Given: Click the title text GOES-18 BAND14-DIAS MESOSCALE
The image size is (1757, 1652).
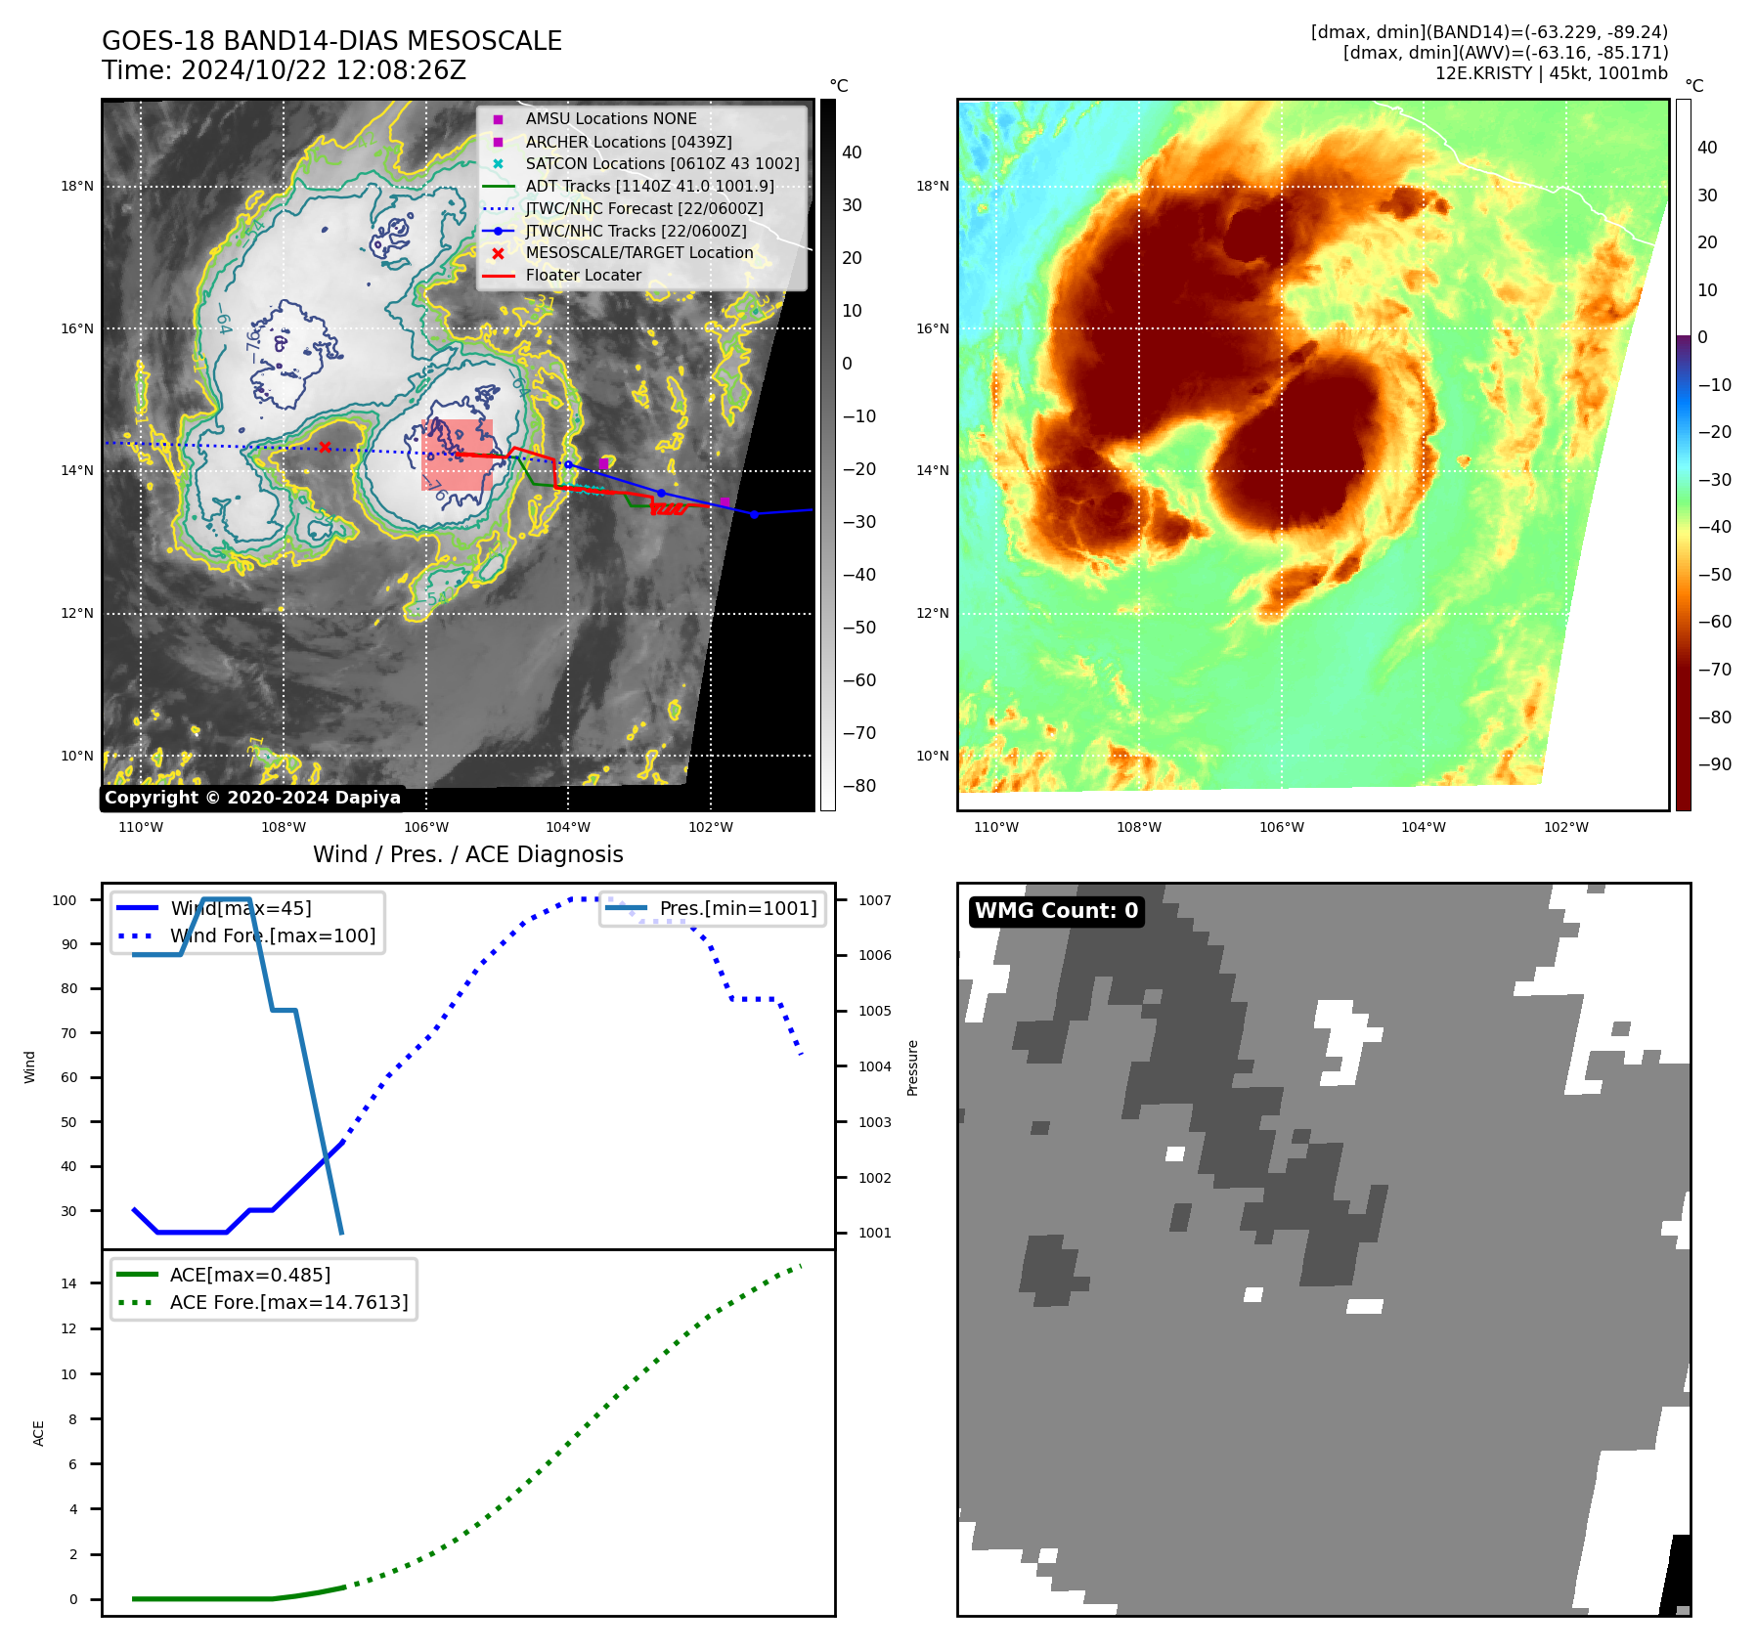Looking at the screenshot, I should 331,41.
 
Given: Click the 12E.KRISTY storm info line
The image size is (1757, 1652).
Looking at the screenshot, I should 1551,73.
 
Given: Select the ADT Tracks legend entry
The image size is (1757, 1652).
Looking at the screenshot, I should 649,186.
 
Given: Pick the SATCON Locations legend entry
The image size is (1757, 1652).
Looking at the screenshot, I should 662,163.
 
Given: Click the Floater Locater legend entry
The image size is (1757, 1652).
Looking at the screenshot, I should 583,275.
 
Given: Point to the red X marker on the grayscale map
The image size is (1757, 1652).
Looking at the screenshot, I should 325,448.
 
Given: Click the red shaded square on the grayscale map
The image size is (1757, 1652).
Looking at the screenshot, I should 457,456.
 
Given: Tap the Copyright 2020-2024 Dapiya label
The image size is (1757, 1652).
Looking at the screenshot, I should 252,798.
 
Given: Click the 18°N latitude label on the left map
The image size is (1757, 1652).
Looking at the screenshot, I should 77,186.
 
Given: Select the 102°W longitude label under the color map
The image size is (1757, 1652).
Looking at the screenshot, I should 1565,827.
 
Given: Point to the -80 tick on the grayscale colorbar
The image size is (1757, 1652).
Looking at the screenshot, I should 859,786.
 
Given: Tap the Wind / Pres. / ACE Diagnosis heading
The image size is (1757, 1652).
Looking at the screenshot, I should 467,854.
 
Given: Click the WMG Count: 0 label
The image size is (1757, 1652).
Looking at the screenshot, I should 1056,911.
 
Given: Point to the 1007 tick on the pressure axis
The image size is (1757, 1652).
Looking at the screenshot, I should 874,900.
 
